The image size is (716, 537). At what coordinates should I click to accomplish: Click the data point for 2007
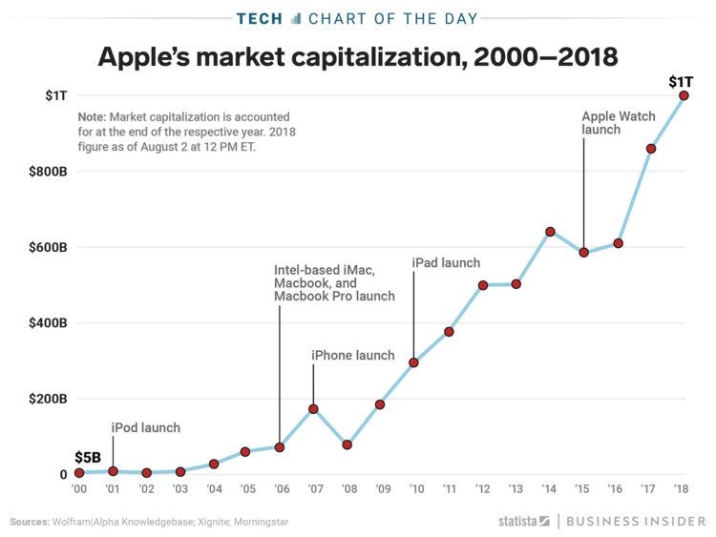313,408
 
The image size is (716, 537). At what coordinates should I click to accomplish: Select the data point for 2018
684,95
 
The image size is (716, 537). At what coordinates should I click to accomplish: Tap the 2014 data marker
550,231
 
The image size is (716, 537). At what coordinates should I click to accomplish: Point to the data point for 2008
347,444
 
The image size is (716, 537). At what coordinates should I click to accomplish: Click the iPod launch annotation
145,427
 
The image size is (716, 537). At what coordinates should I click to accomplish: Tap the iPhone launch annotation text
352,356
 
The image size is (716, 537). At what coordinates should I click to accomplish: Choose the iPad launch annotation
446,262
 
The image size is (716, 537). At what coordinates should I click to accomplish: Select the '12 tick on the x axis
482,488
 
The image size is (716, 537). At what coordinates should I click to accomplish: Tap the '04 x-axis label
213,488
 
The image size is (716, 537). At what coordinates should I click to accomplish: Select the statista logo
524,521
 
